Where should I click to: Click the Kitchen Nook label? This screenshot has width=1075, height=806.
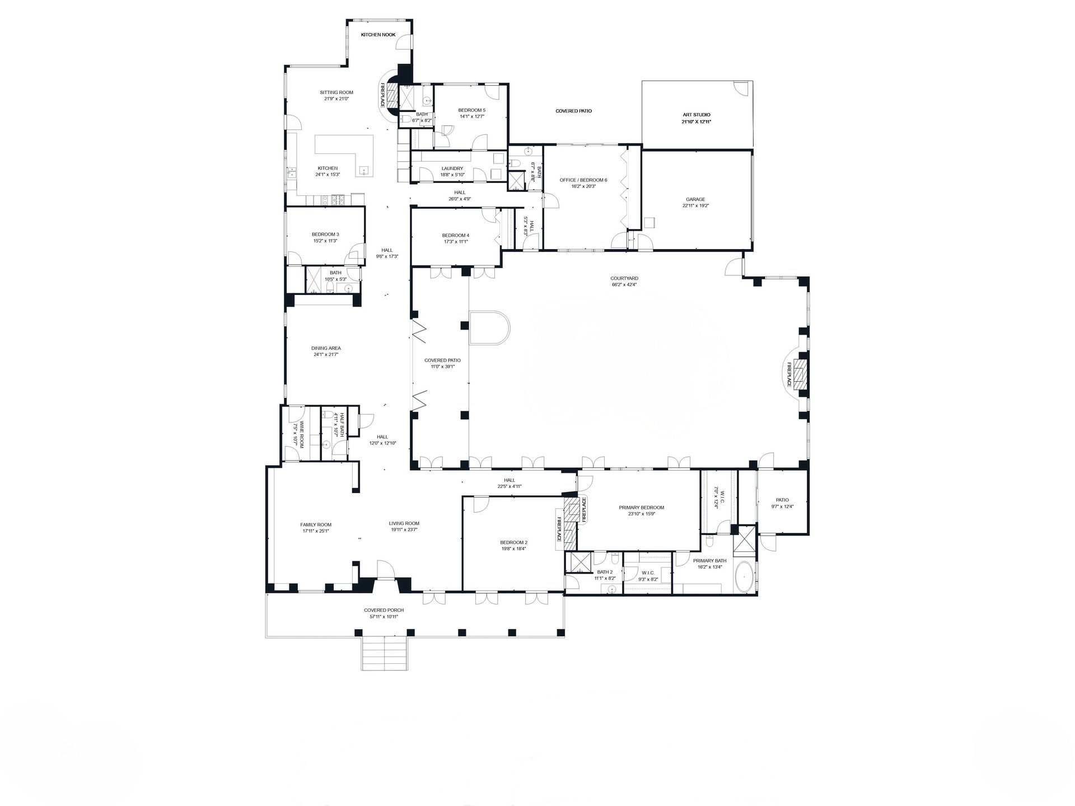378,35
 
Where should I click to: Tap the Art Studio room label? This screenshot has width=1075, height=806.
696,115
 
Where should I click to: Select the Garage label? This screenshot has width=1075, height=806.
695,199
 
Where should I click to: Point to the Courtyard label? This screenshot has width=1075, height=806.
624,278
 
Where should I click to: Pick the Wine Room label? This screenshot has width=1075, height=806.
301,434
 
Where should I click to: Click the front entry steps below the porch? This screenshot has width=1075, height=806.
383,653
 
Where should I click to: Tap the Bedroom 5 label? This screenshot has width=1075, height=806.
471,110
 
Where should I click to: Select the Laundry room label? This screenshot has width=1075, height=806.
452,168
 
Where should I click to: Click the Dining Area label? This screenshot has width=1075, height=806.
326,348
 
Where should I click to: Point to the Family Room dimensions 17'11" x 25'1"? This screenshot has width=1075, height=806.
315,531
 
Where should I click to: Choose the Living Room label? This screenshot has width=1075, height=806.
404,524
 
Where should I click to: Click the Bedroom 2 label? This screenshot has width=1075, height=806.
513,542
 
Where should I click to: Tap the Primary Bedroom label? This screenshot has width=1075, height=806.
641,508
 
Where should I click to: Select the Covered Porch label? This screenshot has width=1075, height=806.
384,611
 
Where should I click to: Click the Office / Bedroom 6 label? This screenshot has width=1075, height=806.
583,180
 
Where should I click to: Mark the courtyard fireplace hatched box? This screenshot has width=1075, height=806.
803,374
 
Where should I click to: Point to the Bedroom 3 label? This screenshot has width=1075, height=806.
325,235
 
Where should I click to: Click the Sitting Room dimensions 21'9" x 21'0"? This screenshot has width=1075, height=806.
336,99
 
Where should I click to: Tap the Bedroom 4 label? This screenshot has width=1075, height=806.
455,235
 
